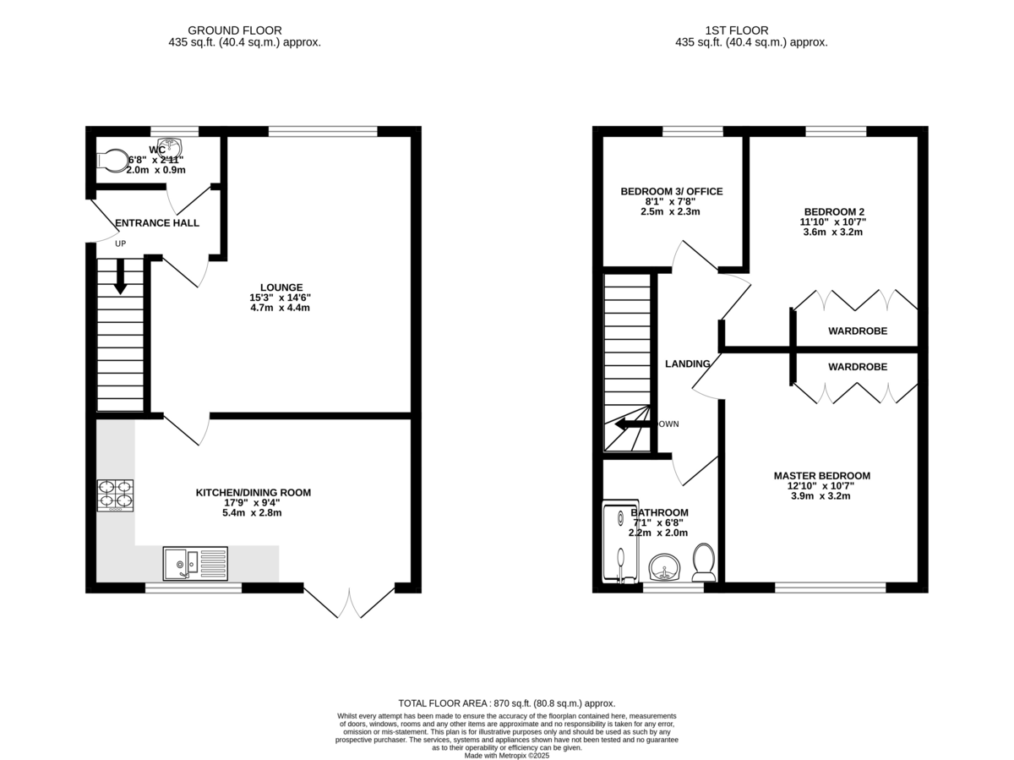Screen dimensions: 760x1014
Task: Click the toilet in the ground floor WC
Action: pyautogui.click(x=111, y=159)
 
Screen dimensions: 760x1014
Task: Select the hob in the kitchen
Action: pyautogui.click(x=116, y=495)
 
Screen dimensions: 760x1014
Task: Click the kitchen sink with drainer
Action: pyautogui.click(x=196, y=563)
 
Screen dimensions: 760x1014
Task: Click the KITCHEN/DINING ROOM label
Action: pyautogui.click(x=253, y=493)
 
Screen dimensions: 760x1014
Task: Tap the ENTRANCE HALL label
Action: pyautogui.click(x=157, y=223)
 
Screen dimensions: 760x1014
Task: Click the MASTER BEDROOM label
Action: pyautogui.click(x=821, y=476)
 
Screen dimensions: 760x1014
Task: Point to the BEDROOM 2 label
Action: pyautogui.click(x=822, y=212)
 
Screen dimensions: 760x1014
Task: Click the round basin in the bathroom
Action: pyautogui.click(x=664, y=567)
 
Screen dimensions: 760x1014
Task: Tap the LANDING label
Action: pyautogui.click(x=687, y=364)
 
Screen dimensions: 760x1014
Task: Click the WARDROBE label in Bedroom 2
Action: pyautogui.click(x=857, y=331)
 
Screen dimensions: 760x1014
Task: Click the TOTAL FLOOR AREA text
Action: pyautogui.click(x=506, y=703)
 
